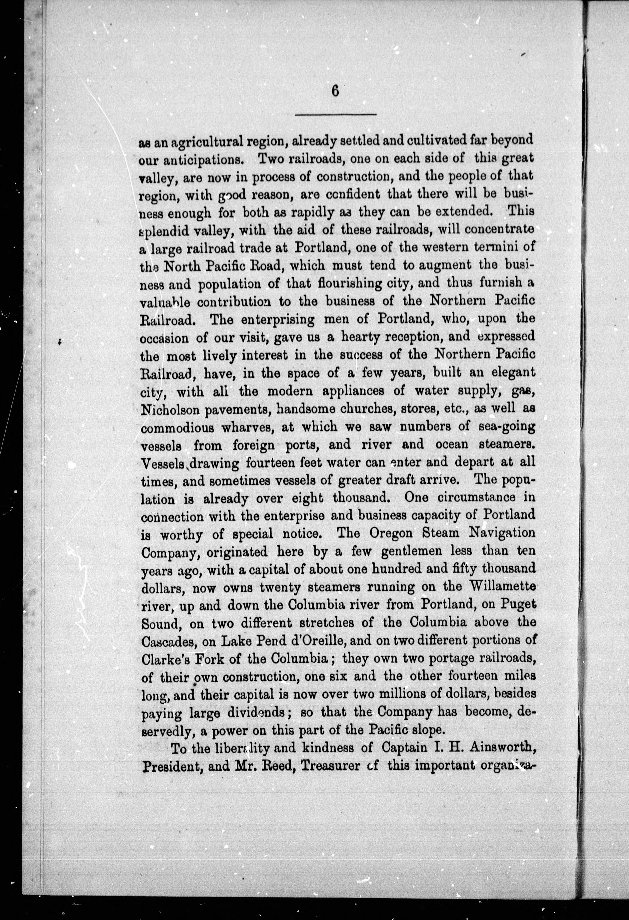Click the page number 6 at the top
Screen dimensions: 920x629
click(x=335, y=91)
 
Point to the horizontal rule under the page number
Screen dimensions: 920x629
click(x=335, y=115)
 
